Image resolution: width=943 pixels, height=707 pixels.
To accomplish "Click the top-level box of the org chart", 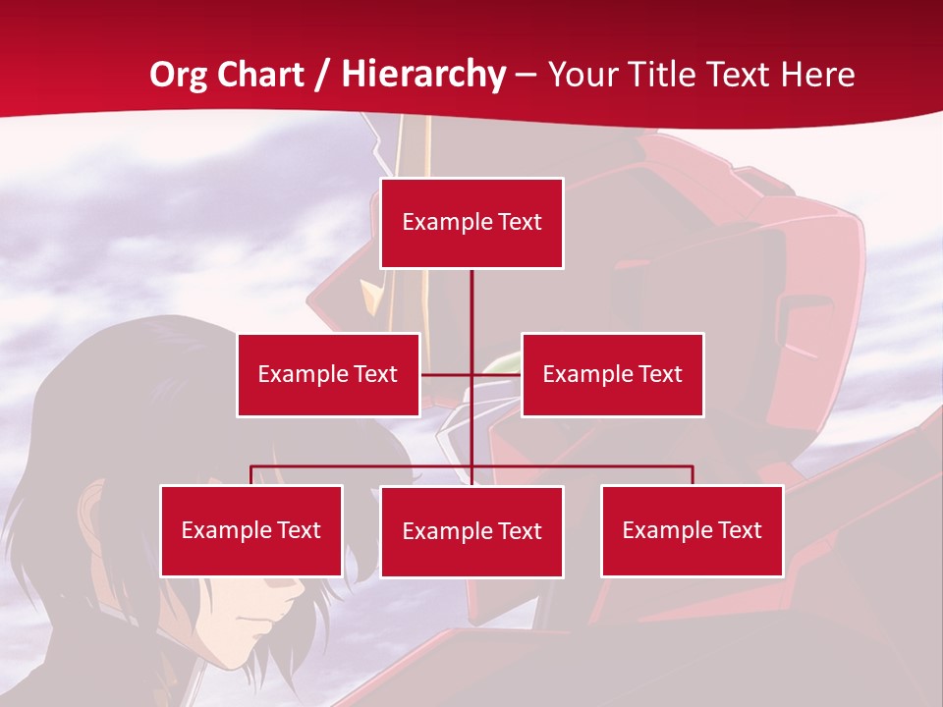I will pyautogui.click(x=471, y=223).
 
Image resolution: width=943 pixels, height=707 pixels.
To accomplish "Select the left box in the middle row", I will pyautogui.click(x=328, y=374).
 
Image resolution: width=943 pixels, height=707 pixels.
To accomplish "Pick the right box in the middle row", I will pyautogui.click(x=612, y=374).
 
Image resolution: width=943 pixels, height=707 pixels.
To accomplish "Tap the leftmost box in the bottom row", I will pyautogui.click(x=251, y=530).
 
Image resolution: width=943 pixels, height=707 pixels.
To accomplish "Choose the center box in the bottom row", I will pyautogui.click(x=471, y=531).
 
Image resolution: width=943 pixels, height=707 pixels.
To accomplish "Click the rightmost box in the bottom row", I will pyautogui.click(x=692, y=530).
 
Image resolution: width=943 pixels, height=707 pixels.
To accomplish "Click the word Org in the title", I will pyautogui.click(x=178, y=75).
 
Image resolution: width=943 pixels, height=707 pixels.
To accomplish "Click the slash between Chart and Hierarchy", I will pyautogui.click(x=321, y=75).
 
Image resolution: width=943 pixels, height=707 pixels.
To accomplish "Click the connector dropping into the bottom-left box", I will pyautogui.click(x=251, y=475).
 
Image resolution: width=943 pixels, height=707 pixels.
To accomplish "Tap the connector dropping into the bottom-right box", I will pyautogui.click(x=692, y=475).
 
